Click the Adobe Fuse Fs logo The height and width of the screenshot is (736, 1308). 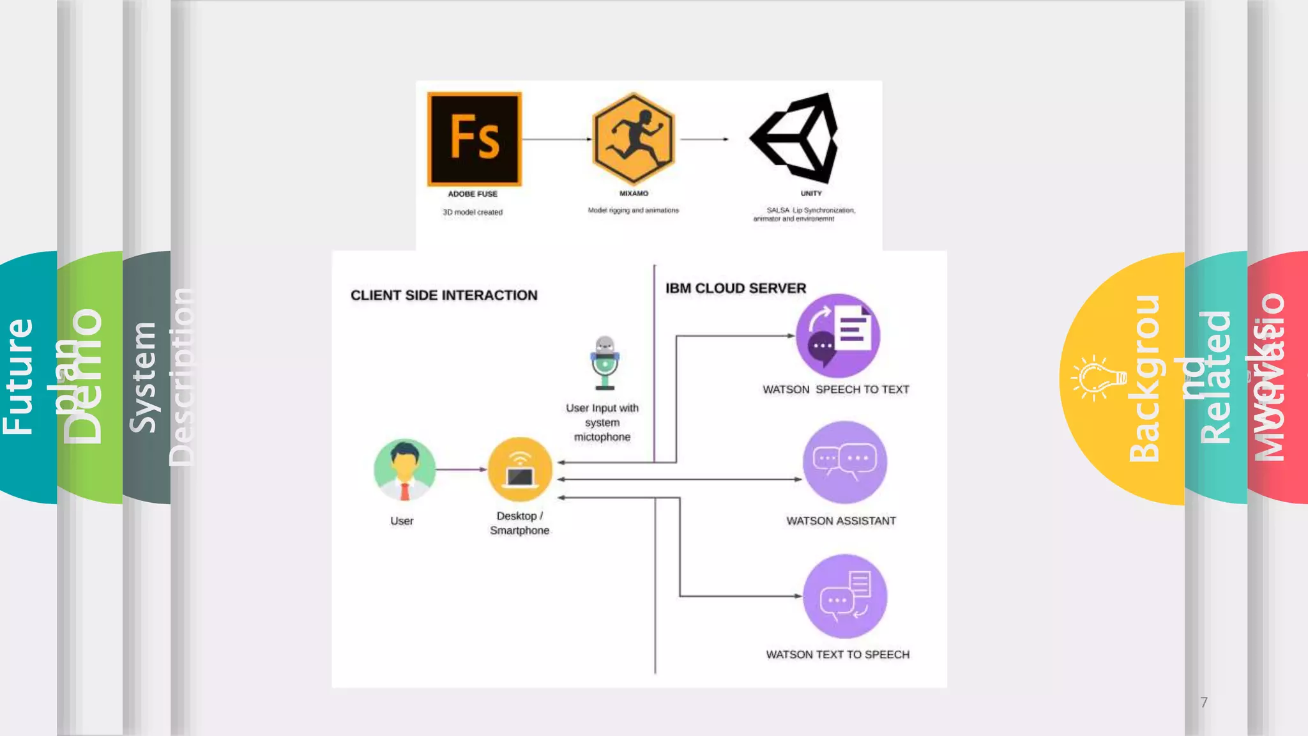coord(474,139)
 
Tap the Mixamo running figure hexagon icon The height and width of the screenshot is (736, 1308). coord(633,139)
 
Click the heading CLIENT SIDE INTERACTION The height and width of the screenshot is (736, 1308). coord(444,295)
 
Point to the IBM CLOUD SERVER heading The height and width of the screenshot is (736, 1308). coord(735,288)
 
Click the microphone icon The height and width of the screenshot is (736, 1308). coord(604,363)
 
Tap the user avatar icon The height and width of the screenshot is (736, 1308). coord(404,470)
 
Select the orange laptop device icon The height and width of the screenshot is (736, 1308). coord(520,470)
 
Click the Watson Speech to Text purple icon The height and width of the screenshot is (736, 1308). coord(838,335)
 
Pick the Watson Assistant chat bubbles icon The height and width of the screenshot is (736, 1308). coord(844,462)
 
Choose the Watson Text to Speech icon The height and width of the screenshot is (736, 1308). coord(844,596)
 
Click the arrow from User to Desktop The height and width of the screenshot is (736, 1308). coord(461,470)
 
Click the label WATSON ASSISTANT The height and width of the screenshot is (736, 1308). coord(840,521)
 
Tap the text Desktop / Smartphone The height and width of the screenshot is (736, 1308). coord(519,523)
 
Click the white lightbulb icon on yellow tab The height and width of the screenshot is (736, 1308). coord(1099,378)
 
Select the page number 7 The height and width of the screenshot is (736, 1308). coord(1203,702)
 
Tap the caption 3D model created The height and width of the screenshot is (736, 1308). coord(473,212)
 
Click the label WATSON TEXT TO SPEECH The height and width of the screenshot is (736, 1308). coord(837,654)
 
